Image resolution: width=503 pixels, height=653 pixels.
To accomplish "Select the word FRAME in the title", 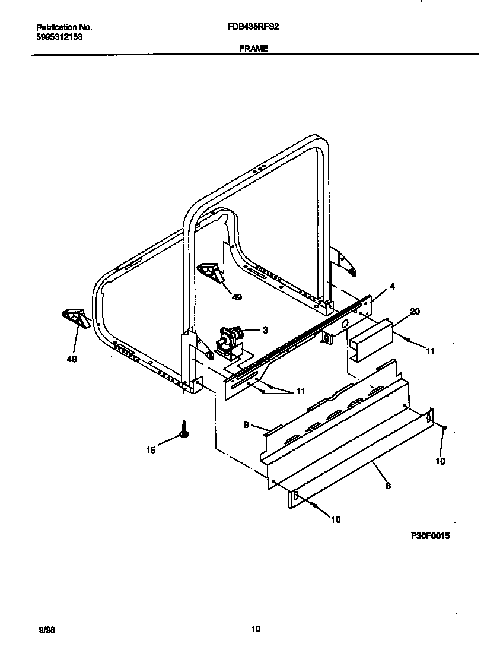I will (254, 49).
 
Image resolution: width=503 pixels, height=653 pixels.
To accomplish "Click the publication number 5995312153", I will (59, 36).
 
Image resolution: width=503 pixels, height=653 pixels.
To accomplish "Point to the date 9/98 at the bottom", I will (43, 629).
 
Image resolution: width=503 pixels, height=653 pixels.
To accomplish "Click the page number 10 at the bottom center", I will (256, 629).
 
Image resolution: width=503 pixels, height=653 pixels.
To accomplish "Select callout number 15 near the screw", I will (151, 451).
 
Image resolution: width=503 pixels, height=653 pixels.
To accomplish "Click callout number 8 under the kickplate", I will (387, 485).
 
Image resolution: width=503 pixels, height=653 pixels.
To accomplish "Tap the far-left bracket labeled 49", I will (75, 318).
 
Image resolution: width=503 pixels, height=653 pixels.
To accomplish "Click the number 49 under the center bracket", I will (237, 297).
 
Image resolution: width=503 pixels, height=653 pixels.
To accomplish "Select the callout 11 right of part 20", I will (431, 351).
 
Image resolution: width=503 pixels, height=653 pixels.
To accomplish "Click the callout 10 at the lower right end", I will (440, 461).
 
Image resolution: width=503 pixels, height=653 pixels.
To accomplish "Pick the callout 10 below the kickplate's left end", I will (336, 519).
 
